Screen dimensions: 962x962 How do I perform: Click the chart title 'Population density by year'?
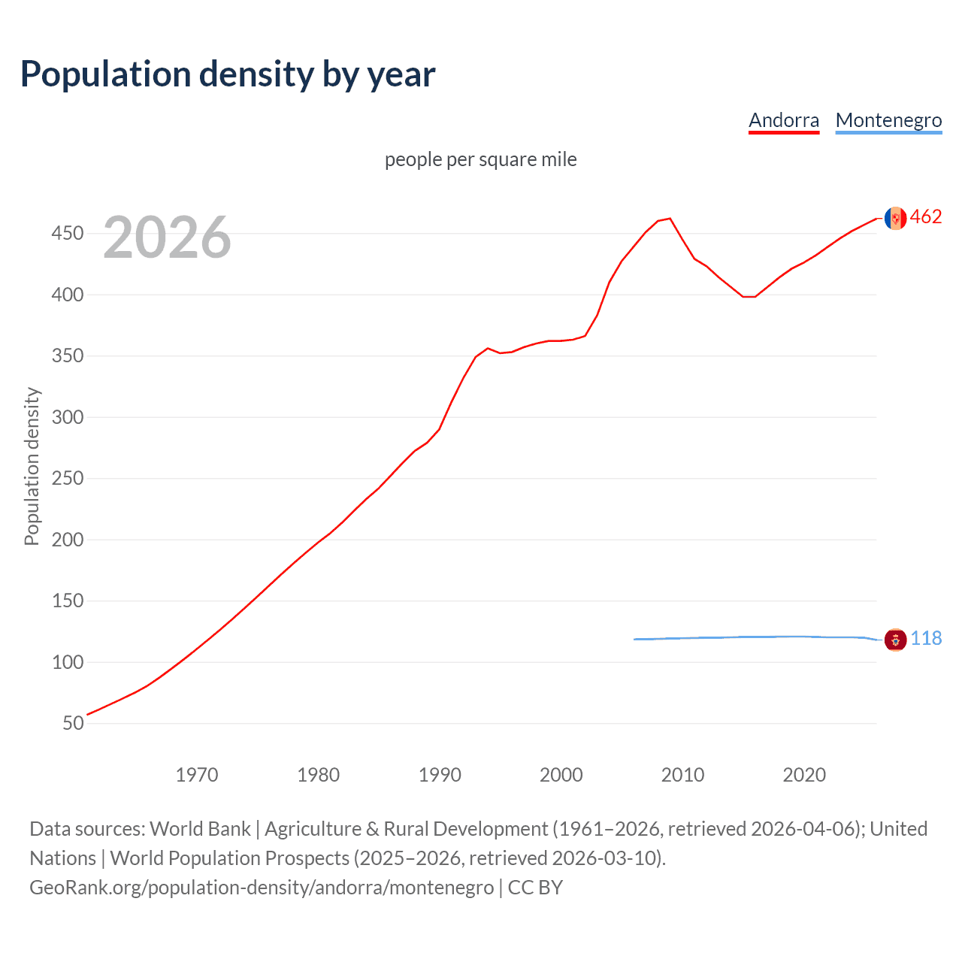click(228, 74)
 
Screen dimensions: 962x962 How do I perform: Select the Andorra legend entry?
click(784, 120)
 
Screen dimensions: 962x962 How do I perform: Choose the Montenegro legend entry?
click(888, 120)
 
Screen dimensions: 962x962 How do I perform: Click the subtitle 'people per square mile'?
click(480, 159)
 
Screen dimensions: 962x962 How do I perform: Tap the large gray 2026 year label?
click(167, 237)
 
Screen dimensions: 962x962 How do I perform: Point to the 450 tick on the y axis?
click(68, 234)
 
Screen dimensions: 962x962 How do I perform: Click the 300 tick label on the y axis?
click(68, 417)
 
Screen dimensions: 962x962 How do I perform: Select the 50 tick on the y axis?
click(73, 723)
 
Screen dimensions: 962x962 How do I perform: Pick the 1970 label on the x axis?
click(196, 775)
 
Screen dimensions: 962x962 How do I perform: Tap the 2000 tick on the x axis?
click(561, 775)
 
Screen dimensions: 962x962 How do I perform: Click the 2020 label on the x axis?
click(803, 775)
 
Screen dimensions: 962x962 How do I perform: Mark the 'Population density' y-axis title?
click(32, 466)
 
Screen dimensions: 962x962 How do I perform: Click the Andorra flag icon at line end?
click(895, 218)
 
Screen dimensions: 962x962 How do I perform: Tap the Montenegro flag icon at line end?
click(895, 640)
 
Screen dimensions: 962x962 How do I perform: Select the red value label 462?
click(926, 217)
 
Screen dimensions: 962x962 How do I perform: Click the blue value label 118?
click(926, 639)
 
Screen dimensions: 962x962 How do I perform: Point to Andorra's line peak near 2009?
click(670, 219)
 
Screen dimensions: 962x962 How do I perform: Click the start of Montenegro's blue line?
click(635, 640)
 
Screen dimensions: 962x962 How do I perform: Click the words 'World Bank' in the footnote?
click(200, 829)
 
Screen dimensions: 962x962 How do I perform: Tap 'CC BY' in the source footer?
click(535, 888)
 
